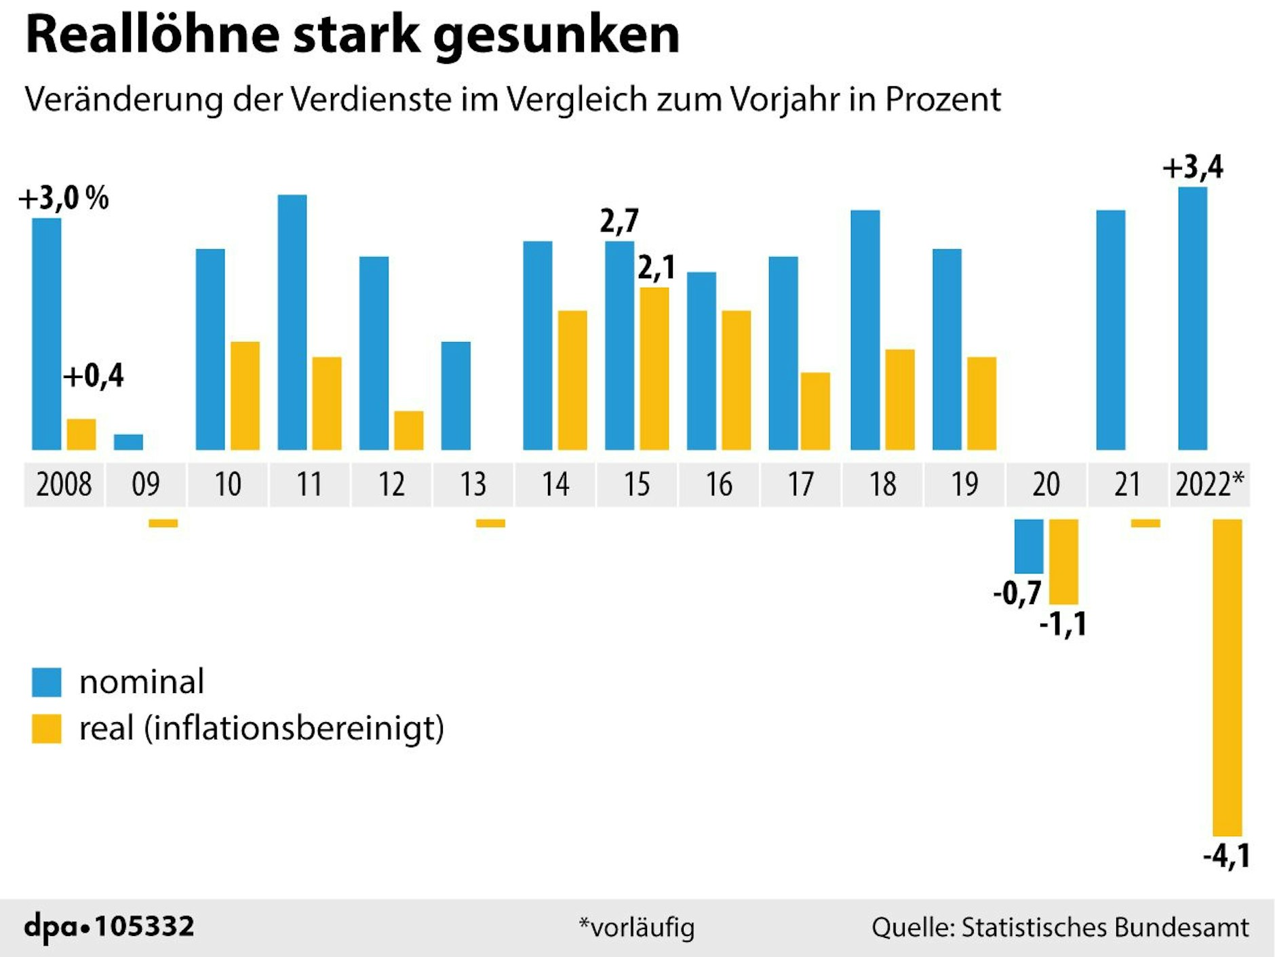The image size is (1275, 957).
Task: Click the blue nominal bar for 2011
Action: pos(292,322)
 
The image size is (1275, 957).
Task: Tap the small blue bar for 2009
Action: pos(128,442)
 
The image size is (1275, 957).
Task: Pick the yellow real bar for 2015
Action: pos(654,369)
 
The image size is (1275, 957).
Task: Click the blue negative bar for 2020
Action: pos(1028,546)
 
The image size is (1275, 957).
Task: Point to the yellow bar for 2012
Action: pos(408,430)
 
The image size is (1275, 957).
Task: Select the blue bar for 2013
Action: pos(456,396)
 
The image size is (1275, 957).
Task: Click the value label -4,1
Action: pos(1226,856)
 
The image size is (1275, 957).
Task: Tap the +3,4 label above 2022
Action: pos(1192,167)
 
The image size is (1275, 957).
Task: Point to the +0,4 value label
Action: pos(94,376)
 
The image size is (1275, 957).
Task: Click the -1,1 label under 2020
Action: pos(1063,624)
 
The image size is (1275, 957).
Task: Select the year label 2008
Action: pos(64,485)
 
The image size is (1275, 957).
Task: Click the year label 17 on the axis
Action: pos(800,485)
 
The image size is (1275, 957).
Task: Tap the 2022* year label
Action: pos(1209,485)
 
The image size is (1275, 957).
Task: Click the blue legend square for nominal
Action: pos(47,682)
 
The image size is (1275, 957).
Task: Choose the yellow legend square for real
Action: pos(47,728)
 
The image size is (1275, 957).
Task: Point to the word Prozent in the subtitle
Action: pos(943,100)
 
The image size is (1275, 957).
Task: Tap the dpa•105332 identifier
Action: pos(109,926)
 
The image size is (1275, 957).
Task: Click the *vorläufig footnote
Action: pos(636,927)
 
